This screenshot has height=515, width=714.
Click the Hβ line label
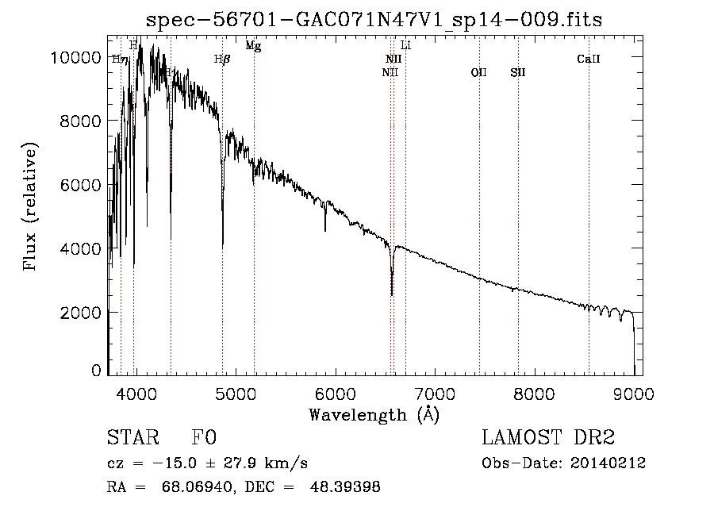pyautogui.click(x=222, y=59)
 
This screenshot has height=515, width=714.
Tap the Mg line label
pyautogui.click(x=253, y=46)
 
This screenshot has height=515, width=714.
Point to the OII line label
pyautogui.click(x=478, y=72)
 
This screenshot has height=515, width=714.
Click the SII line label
pyautogui.click(x=518, y=72)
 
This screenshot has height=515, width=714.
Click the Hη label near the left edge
pyautogui.click(x=120, y=59)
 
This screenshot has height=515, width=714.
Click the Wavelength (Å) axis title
pyautogui.click(x=374, y=414)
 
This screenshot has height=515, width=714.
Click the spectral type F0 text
pyautogui.click(x=204, y=438)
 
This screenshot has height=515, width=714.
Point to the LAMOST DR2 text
pyautogui.click(x=547, y=438)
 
